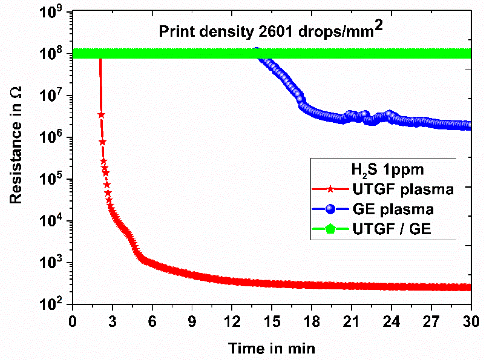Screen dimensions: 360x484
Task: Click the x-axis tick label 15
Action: click(272, 321)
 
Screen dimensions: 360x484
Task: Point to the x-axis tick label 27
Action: click(431, 321)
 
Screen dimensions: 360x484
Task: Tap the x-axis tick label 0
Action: click(72, 321)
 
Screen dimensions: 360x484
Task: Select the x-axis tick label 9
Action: click(192, 321)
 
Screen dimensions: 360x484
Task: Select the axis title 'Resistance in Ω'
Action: click(15, 145)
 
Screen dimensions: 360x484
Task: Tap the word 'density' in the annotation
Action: click(227, 32)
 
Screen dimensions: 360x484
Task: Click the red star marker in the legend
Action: click(330, 189)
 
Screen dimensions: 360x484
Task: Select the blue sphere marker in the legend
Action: click(330, 209)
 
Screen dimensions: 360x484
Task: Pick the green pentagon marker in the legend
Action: click(330, 229)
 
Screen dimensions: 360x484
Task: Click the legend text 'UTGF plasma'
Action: click(403, 189)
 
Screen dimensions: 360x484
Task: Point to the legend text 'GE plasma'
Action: click(393, 209)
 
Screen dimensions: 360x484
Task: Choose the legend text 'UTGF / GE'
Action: click(392, 229)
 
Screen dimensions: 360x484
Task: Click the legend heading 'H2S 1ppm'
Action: click(387, 170)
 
